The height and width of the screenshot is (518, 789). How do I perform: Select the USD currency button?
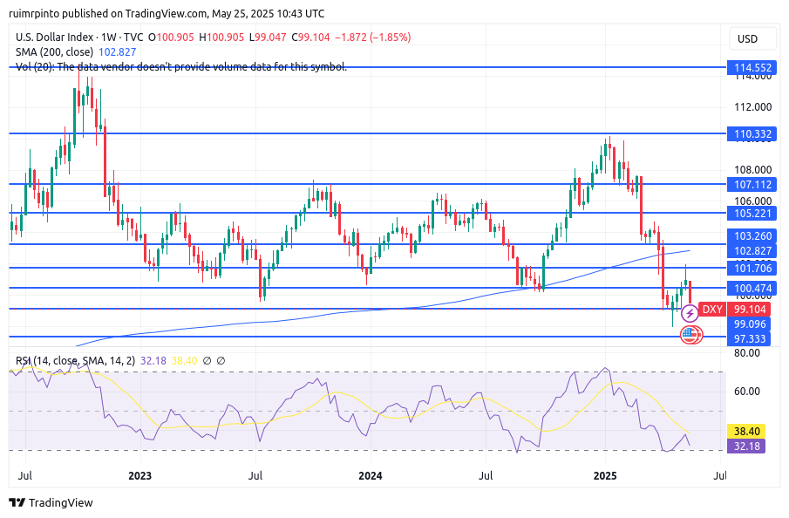pos(747,38)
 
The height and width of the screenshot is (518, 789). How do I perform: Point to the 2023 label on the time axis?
pos(139,476)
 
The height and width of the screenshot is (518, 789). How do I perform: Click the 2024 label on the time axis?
pos(371,476)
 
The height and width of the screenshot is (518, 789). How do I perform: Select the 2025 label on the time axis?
pos(605,476)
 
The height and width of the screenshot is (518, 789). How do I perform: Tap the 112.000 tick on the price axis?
pos(752,107)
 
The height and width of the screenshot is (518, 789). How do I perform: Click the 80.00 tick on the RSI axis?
pos(748,352)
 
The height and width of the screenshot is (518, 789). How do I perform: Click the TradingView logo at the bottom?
pos(51,502)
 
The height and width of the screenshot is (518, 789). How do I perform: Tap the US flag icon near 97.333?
pos(690,333)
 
